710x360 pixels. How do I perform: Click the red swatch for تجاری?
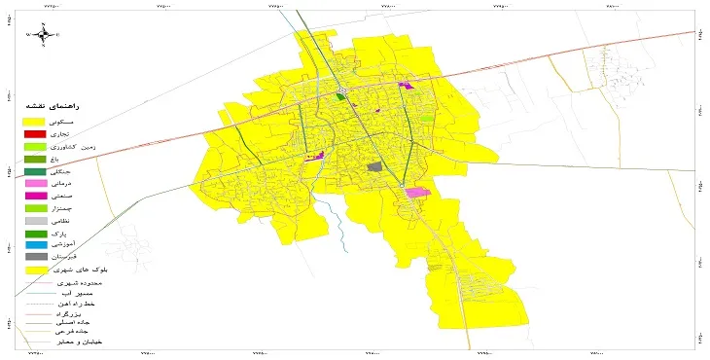(34, 133)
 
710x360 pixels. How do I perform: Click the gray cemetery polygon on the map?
(374, 167)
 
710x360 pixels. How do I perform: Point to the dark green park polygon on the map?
(340, 96)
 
